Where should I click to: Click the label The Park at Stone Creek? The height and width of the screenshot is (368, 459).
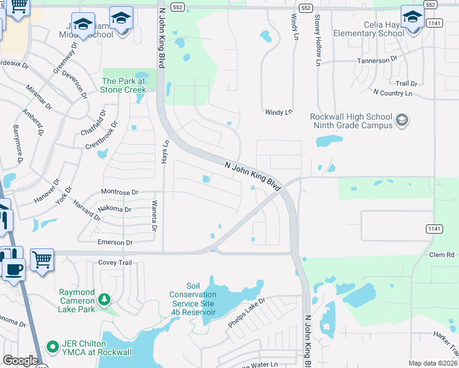pos(124,85)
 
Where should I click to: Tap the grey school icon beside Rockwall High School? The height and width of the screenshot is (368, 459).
pos(402,119)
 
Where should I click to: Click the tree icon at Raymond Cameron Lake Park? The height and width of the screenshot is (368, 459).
pos(104,299)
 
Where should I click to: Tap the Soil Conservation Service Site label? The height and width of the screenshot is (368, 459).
pos(193,299)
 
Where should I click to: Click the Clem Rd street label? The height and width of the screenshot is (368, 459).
pos(442,255)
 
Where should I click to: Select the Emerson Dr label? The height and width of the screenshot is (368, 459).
pos(115,243)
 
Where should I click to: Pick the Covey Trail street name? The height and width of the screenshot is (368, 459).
pos(115,263)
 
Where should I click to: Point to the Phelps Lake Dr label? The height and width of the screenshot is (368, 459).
pos(246,312)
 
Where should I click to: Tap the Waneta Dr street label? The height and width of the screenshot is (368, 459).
pos(155,216)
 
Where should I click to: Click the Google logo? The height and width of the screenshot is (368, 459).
pos(20,361)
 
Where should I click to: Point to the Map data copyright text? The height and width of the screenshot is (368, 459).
pos(433,363)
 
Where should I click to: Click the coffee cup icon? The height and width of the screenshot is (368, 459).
pos(13,268)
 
